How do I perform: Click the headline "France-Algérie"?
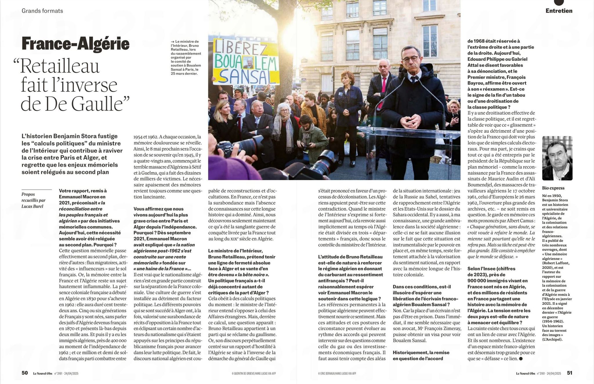(x=75, y=44)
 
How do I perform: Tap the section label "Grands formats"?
(x=42, y=11)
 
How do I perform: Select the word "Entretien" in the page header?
(x=559, y=11)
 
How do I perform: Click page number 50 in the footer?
(x=25, y=373)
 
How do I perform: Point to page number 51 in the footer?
(x=570, y=373)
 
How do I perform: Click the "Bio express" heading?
(x=553, y=188)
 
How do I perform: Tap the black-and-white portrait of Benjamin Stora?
(x=557, y=158)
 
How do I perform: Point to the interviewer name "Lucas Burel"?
(x=32, y=206)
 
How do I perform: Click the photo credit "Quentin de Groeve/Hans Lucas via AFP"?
(x=253, y=374)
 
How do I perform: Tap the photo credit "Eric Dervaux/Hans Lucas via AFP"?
(x=337, y=374)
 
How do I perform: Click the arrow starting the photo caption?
(x=173, y=42)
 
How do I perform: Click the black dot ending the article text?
(x=521, y=359)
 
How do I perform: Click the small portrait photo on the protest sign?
(x=248, y=62)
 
